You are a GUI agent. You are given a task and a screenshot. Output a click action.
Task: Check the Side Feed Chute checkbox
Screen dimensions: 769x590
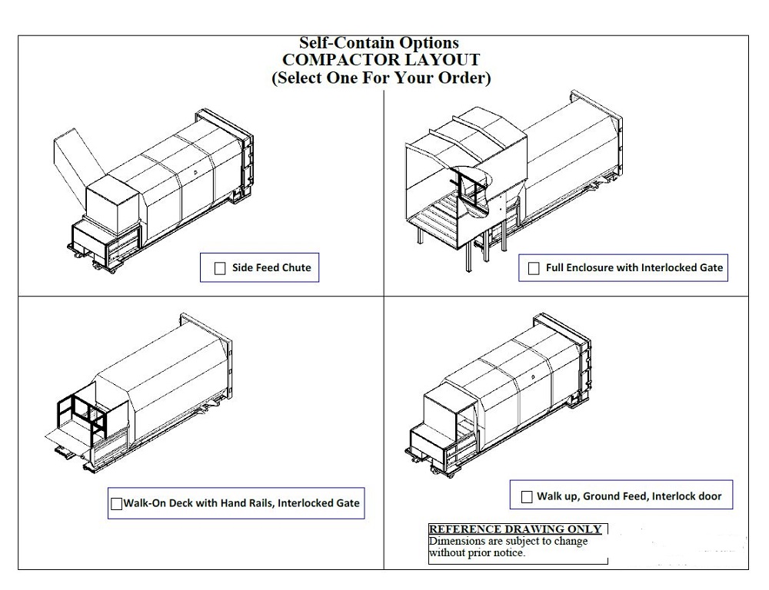point(220,268)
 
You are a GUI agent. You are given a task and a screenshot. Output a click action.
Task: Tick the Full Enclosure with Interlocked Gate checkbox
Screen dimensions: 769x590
point(534,269)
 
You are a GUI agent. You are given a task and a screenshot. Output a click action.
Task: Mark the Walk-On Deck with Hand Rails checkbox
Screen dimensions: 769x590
point(117,504)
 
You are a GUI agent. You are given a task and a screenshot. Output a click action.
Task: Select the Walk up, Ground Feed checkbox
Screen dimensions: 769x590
point(527,497)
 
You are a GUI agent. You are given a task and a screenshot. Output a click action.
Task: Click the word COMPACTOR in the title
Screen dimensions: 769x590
point(327,60)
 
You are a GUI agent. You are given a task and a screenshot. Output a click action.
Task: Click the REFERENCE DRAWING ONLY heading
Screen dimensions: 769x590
point(514,529)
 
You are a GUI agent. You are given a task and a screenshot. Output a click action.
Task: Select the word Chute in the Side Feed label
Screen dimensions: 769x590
point(296,267)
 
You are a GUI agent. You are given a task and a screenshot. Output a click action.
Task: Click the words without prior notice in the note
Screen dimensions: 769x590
point(478,552)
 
